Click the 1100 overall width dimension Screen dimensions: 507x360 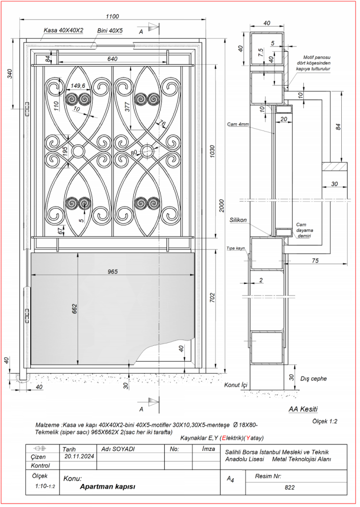pyautogui.click(x=112, y=16)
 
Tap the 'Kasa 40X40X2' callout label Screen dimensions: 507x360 pyautogui.click(x=63, y=30)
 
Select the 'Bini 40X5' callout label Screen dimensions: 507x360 pyautogui.click(x=110, y=30)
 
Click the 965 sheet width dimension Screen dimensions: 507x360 pyautogui.click(x=112, y=271)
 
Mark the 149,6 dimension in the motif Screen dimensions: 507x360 pyautogui.click(x=78, y=86)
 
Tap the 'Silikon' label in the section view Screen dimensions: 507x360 pyautogui.click(x=238, y=220)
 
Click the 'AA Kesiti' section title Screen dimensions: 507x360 pyautogui.click(x=303, y=409)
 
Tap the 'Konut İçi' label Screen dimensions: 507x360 pyautogui.click(x=236, y=385)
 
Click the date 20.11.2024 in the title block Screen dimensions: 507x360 pyautogui.click(x=79, y=457)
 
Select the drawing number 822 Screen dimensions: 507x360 pyautogui.click(x=289, y=488)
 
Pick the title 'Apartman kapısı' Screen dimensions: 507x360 pyautogui.click(x=108, y=486)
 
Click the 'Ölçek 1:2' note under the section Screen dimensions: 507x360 pyautogui.click(x=325, y=422)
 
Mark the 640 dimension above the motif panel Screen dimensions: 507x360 pyautogui.click(x=112, y=59)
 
